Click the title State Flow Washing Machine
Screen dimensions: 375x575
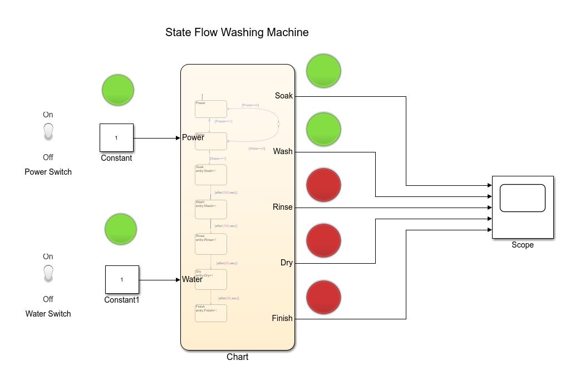237,32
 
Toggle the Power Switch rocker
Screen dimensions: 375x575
48,132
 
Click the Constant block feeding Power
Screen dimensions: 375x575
116,137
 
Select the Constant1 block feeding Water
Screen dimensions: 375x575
122,279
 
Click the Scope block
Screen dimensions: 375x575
522,206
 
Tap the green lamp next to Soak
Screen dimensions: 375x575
323,71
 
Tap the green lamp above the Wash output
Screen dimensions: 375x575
323,129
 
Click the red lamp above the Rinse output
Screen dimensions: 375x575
323,184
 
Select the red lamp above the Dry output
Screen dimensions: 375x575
323,240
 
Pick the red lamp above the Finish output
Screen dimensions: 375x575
323,298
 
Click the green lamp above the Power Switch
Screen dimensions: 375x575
118,90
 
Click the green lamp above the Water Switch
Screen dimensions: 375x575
121,229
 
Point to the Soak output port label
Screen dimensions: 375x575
283,96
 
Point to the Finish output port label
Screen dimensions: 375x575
282,318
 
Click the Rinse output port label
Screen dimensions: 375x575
282,207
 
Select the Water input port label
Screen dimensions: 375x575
193,279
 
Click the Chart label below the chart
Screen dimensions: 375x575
237,357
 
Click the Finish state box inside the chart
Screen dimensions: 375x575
210,313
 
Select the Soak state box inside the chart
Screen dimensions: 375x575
210,174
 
